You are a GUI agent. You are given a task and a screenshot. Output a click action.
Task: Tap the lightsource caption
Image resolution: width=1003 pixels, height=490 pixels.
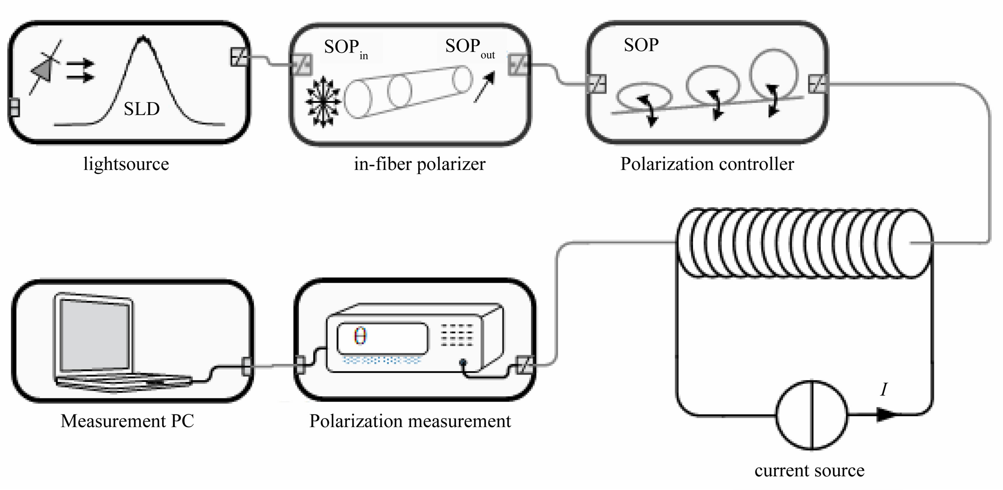pyautogui.click(x=126, y=164)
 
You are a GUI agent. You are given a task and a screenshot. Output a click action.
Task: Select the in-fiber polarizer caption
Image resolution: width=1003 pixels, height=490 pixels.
pyautogui.click(x=419, y=164)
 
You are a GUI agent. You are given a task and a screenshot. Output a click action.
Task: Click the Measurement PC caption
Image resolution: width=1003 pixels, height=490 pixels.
pyautogui.click(x=127, y=421)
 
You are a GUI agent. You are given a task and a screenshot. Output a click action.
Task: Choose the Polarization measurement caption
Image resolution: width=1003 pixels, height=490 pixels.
pyautogui.click(x=410, y=421)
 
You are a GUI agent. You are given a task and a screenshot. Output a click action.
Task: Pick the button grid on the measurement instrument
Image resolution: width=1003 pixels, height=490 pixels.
pyautogui.click(x=457, y=335)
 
